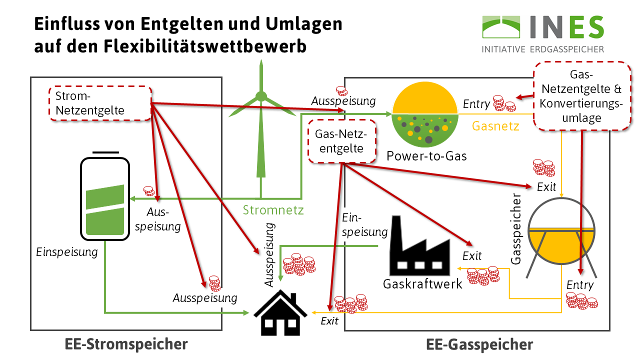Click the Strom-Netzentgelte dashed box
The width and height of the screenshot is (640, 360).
100,103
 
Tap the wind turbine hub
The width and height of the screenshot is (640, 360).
261,95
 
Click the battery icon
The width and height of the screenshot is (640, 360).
105,197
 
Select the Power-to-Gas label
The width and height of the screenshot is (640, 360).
426,156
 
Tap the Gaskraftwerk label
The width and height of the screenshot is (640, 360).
422,284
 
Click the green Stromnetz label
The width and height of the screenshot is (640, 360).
273,210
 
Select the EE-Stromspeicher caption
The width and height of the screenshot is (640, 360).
126,344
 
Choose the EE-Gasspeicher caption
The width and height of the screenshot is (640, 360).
479,344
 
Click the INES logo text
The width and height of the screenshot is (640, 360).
565,27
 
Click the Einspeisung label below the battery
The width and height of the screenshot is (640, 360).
67,252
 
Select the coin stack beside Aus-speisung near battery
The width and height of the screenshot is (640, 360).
148,190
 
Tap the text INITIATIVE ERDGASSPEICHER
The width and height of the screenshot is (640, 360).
542,49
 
